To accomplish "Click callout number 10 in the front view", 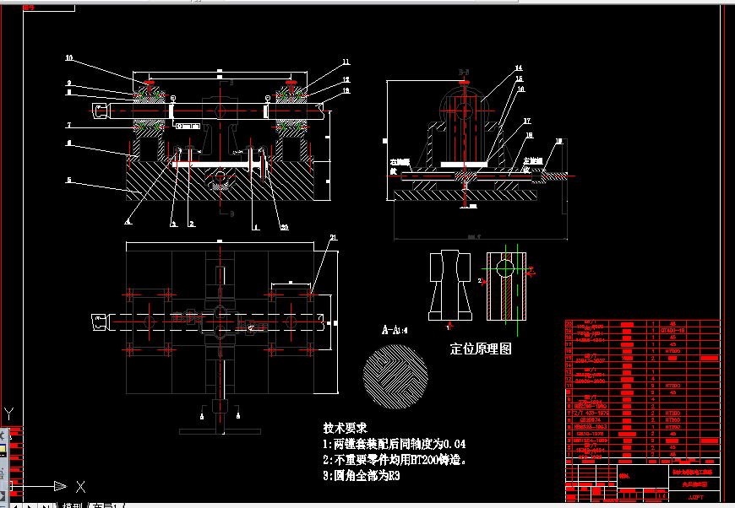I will tap(70, 58).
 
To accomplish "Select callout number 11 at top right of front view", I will tap(346, 62).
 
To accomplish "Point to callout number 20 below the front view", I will tap(284, 226).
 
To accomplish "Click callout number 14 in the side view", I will tap(519, 68).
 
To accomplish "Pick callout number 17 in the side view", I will tap(525, 121).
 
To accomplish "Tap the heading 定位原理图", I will tap(481, 349).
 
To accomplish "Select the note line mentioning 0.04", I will tap(395, 444).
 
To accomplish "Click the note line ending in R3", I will tap(361, 476).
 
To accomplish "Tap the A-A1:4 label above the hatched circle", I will tap(395, 329).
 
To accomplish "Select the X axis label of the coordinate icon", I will tap(80, 486).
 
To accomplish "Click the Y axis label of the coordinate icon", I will tap(9, 413).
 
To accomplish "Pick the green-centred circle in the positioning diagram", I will tap(504, 268).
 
